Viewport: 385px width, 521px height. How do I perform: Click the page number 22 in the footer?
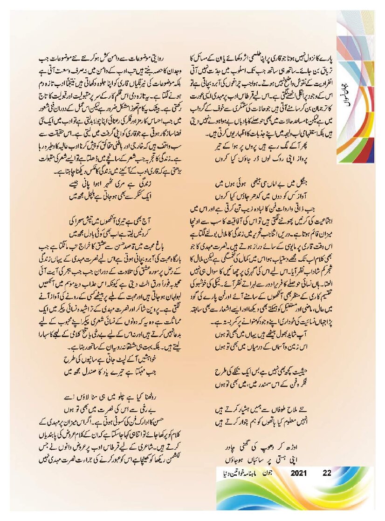[x=327, y=473]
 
